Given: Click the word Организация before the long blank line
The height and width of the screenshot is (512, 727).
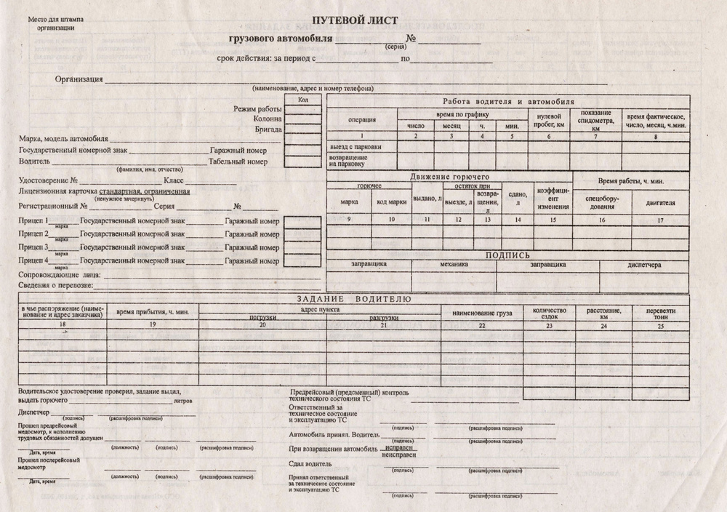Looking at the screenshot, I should tap(79, 79).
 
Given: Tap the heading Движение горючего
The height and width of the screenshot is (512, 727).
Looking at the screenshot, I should tap(449, 177).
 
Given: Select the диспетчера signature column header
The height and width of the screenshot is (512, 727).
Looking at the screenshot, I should tap(644, 265).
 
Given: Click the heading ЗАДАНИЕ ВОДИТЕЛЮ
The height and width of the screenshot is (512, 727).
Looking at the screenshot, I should tap(354, 300).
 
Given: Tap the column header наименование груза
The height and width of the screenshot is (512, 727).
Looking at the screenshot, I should tap(482, 313).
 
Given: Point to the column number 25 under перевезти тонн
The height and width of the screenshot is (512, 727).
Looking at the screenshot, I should tap(659, 327).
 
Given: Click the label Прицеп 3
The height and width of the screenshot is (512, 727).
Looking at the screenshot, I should tap(35, 247).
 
